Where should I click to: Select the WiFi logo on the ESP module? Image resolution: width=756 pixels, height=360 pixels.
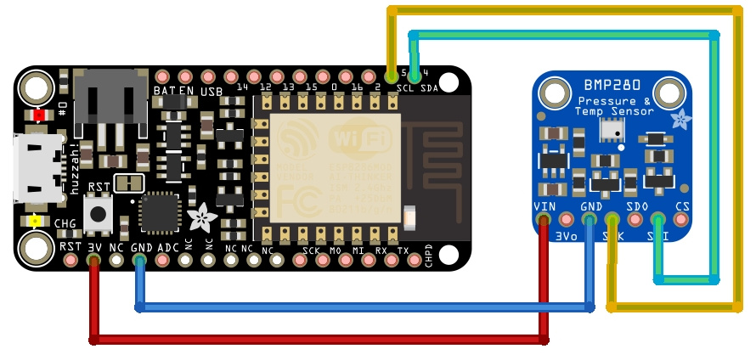pos(364,138)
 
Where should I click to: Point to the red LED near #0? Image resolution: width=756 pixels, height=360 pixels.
pos(39,115)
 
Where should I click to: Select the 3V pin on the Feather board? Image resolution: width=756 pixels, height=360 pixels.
pos(93,261)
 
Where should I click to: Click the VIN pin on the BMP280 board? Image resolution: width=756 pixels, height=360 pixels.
pos(543,220)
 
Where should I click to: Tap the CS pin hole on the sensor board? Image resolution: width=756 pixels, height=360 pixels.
pos(680,220)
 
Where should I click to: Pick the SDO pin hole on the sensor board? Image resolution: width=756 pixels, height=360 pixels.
pos(635,220)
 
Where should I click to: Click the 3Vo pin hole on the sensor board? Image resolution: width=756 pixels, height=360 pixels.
pos(566,220)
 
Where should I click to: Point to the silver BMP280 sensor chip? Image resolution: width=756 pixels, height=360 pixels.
pos(611,129)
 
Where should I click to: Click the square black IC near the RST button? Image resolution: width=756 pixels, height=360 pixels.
pos(160,213)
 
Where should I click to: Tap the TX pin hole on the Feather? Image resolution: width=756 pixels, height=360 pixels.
pos(403,261)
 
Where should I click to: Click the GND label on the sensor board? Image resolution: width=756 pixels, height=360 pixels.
pos(590,206)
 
